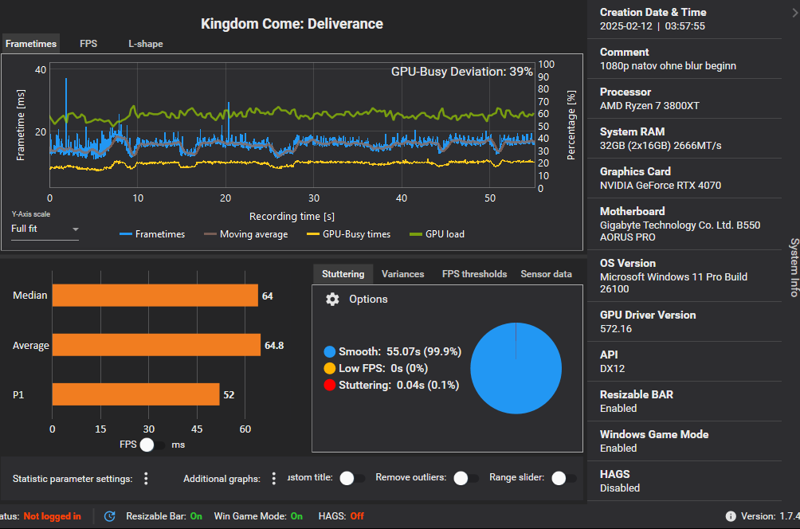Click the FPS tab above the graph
point(88,44)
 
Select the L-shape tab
point(146,44)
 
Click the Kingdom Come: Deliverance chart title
point(292,24)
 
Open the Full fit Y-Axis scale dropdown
point(45,229)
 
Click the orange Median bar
point(155,296)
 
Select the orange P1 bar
point(135,394)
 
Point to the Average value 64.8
point(273,346)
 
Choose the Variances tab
point(402,274)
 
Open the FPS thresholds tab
point(474,274)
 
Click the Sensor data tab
point(546,274)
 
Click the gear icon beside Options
point(333,299)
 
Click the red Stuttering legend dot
point(329,386)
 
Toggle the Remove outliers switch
point(461,478)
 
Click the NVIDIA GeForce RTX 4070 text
point(660,185)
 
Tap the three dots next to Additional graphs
point(274,479)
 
